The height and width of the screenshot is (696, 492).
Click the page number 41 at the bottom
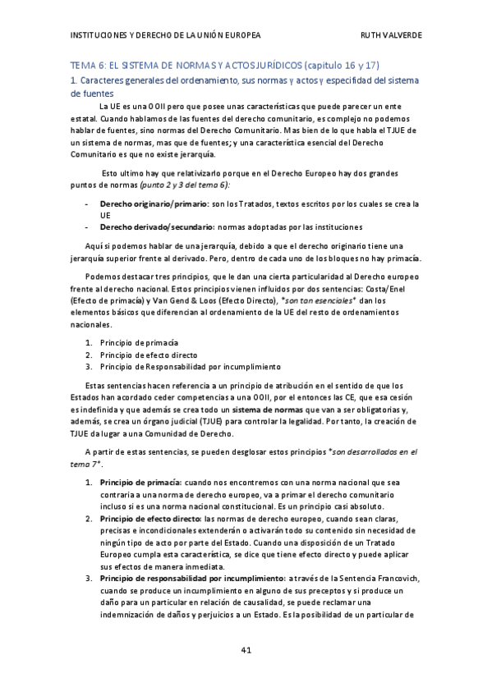click(x=246, y=651)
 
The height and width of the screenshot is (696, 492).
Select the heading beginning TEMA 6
click(x=224, y=65)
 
